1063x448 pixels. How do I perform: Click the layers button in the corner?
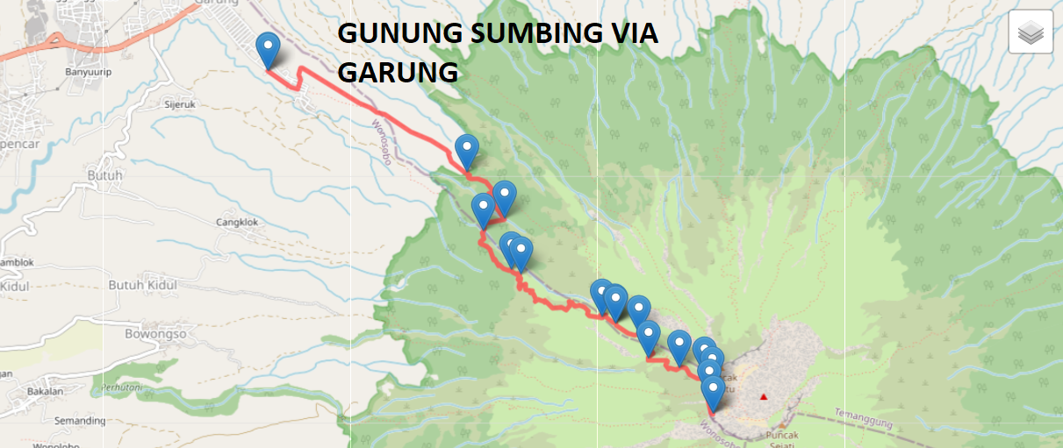(1031, 32)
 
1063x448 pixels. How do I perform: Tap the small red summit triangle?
(764, 397)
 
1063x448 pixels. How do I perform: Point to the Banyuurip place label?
(86, 73)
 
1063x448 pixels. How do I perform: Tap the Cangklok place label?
(237, 222)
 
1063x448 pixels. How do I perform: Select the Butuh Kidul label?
(142, 285)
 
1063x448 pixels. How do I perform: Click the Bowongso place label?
(157, 334)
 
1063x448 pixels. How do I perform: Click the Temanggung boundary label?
(863, 418)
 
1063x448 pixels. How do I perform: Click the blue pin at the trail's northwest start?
(268, 49)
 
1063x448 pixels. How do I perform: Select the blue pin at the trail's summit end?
(713, 392)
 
